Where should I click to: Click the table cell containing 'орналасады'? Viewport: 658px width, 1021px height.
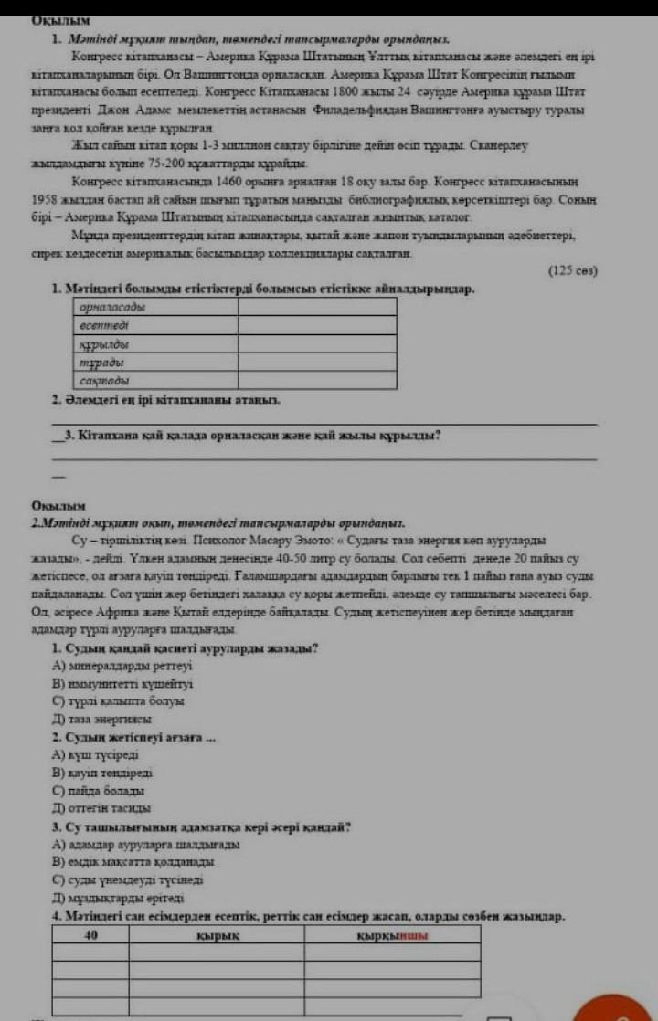(154, 308)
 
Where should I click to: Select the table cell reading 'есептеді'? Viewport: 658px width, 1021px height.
(154, 325)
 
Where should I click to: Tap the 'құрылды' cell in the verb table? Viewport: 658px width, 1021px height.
(154, 343)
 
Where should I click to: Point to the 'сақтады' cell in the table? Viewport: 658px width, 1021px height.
(154, 379)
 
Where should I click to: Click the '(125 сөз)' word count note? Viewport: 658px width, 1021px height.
(572, 270)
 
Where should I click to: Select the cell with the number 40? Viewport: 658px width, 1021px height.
(91, 934)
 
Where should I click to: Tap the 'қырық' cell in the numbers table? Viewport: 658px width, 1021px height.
(218, 934)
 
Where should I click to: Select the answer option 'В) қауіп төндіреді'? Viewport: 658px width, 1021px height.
(108, 773)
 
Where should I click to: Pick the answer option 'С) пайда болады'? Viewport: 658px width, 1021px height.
(101, 790)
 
